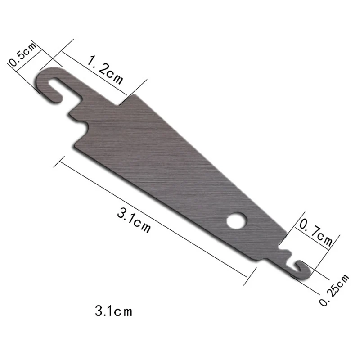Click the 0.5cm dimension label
point(22,54)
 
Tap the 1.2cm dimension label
point(105,70)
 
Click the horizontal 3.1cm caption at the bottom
point(114,311)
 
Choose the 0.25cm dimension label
point(334,290)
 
